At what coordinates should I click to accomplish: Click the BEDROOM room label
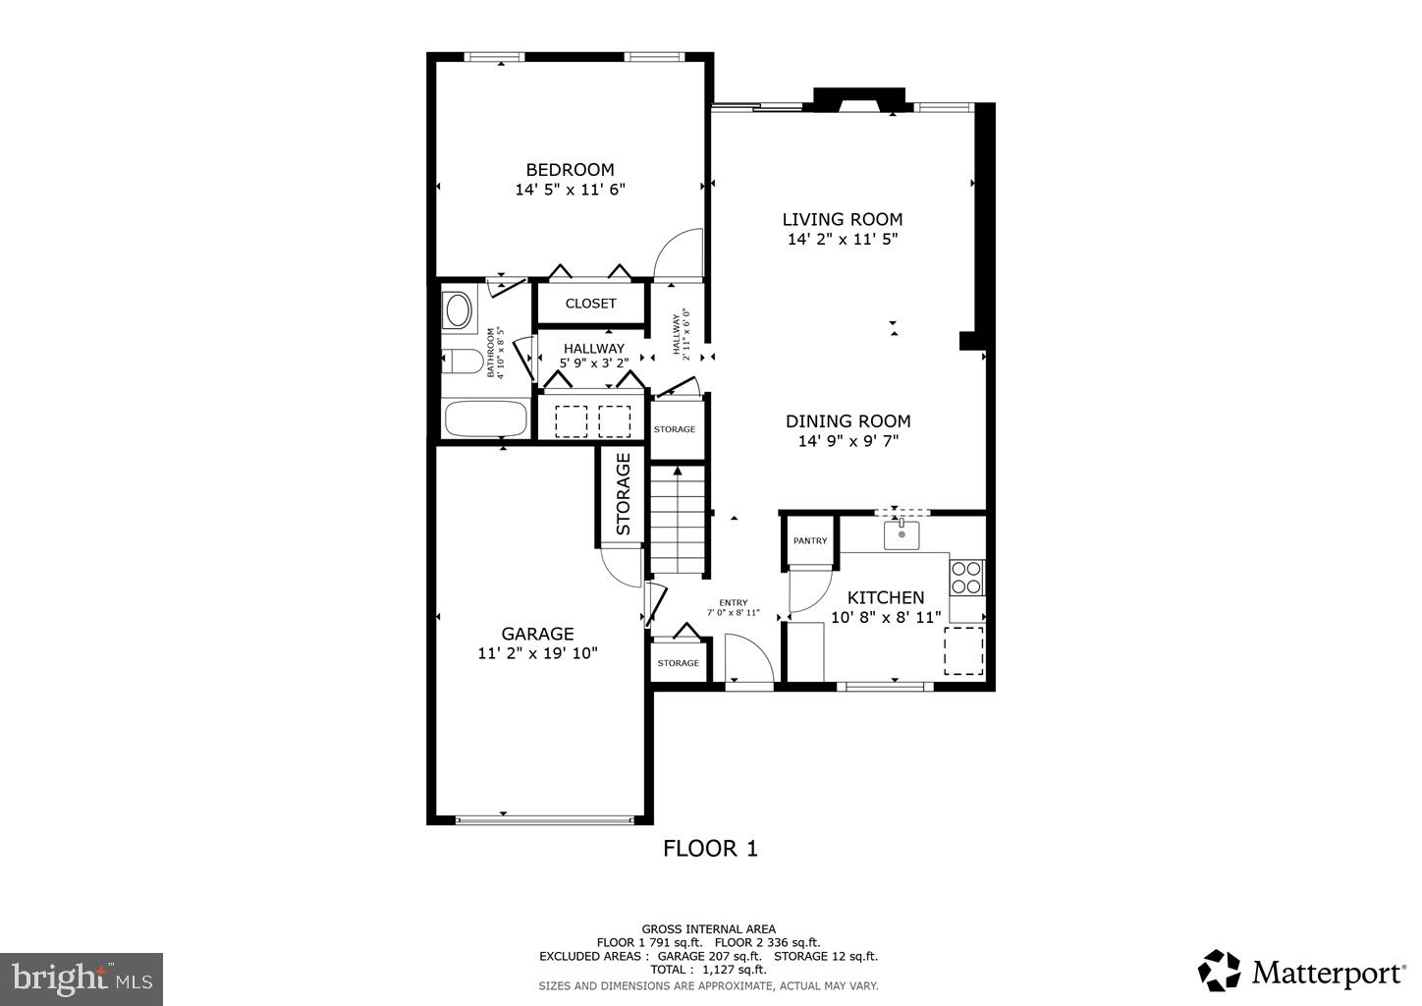[570, 170]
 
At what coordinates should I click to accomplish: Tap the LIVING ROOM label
[842, 220]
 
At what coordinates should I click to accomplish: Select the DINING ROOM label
[848, 421]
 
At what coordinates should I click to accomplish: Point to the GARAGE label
[537, 634]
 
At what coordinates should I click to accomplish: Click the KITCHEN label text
[886, 597]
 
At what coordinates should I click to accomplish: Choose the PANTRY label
[810, 541]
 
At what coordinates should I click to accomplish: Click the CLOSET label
[590, 304]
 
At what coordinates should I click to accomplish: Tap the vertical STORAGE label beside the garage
[623, 494]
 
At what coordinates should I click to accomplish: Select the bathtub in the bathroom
[485, 419]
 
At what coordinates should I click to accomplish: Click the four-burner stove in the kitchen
[966, 577]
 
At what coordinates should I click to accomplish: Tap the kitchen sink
[902, 535]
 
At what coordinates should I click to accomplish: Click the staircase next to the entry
[679, 521]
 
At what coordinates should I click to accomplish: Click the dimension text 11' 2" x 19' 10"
[537, 653]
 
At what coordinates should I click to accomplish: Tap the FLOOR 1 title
[710, 848]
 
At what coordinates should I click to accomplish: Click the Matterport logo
[1300, 972]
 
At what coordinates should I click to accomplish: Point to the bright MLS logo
[82, 978]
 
